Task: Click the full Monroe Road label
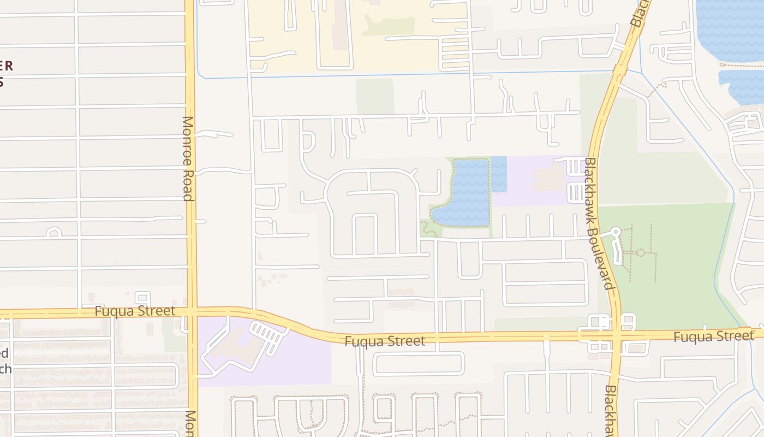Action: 188,158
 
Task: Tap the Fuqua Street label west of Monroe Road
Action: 135,311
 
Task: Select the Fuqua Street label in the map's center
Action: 385,341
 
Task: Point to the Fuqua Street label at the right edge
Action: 713,336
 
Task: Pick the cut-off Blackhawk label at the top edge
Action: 640,13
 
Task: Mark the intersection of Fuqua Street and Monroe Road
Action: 192,312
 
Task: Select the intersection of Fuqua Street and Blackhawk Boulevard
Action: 615,334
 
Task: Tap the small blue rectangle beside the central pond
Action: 499,174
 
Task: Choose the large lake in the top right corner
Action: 731,30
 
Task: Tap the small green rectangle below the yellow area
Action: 375,96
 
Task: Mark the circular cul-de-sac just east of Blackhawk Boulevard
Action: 615,232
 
